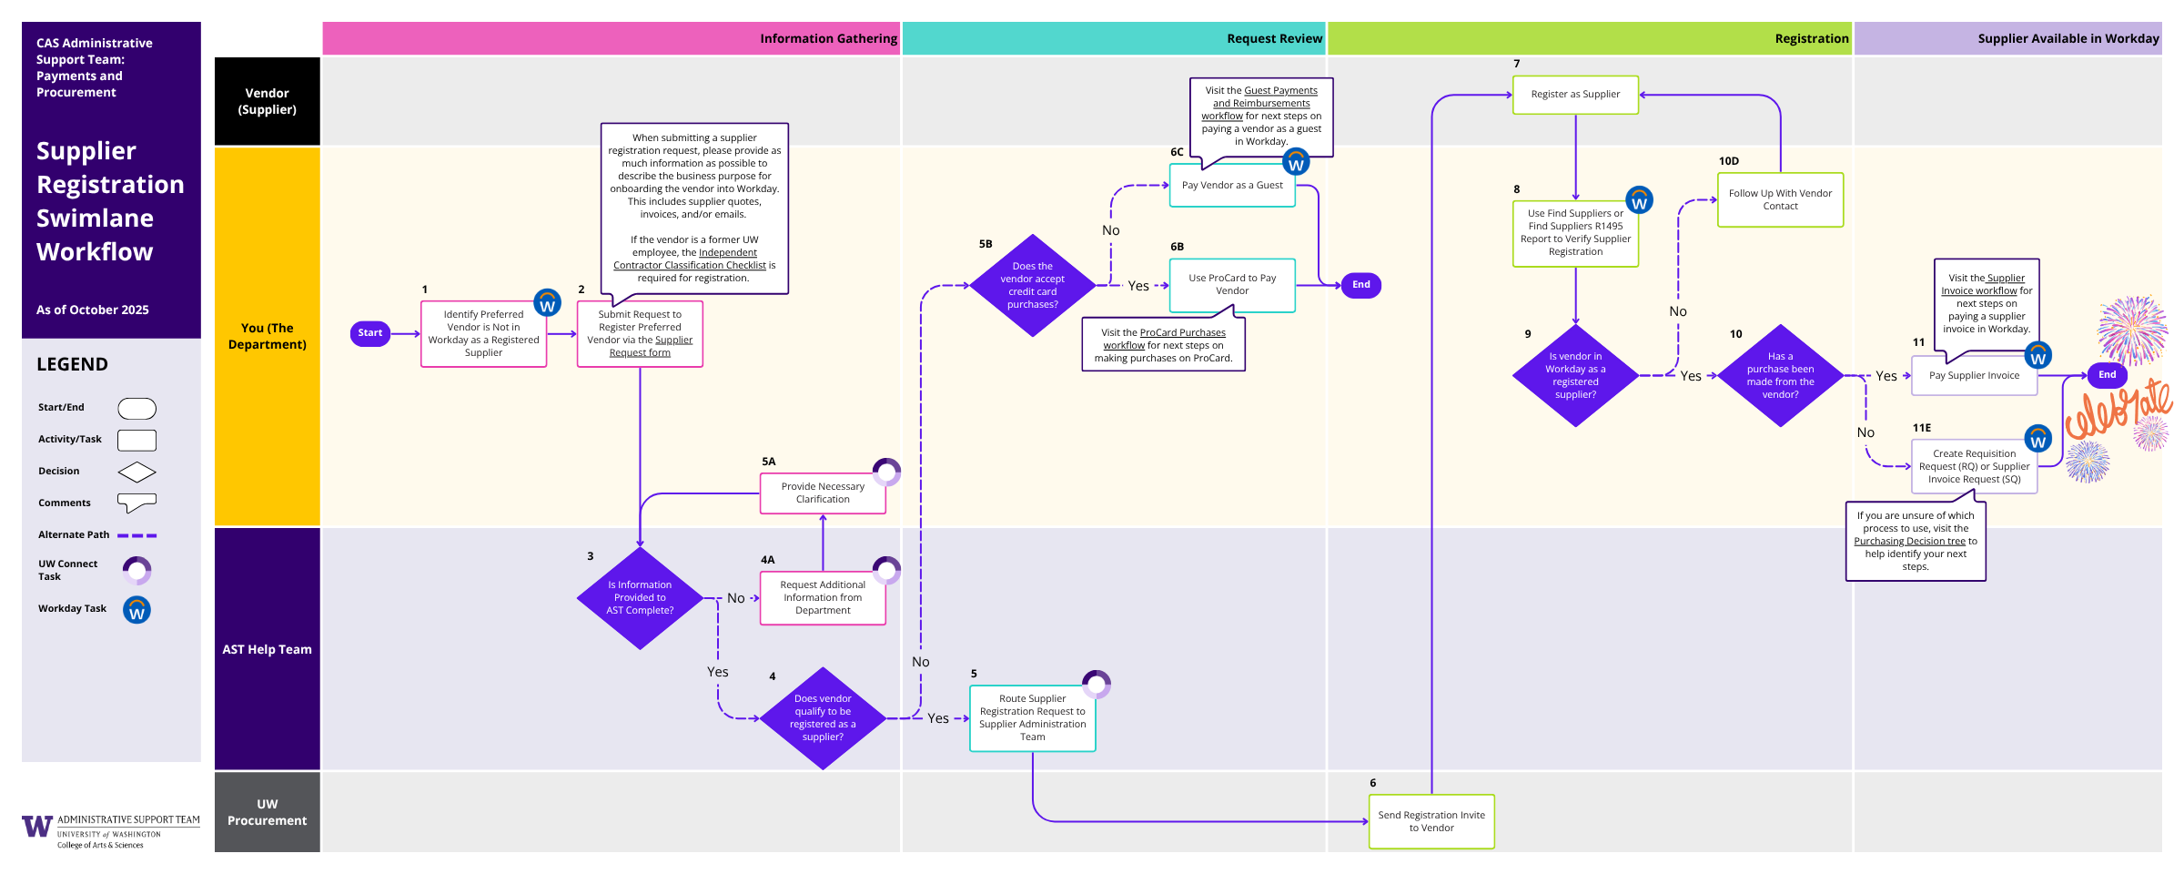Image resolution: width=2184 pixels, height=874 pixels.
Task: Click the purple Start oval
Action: tap(369, 333)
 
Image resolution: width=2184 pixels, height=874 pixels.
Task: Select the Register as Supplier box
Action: tap(1574, 95)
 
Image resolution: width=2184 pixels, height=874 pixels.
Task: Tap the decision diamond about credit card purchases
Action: tap(1032, 286)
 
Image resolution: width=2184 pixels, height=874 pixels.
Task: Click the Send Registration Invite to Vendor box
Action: tap(1431, 821)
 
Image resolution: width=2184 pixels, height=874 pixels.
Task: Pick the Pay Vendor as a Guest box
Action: tap(1231, 186)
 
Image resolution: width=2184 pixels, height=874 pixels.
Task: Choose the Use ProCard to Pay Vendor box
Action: tap(1231, 285)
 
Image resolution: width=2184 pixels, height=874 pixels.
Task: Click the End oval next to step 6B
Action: tap(1360, 285)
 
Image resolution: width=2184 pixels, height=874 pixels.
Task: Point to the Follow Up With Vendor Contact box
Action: tap(1779, 200)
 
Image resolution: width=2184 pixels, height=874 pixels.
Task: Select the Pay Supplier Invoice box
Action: tap(1973, 376)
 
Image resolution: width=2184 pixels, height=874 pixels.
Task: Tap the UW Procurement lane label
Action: tap(267, 812)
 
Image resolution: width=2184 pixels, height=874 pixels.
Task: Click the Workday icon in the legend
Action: tap(136, 610)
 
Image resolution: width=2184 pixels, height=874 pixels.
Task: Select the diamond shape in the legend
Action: tap(136, 473)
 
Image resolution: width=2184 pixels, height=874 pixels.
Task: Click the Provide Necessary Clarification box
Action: tap(822, 493)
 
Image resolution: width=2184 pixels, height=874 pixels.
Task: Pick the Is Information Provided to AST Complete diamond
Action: tap(640, 598)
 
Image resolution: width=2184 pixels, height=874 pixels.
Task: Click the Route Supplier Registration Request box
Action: tap(1032, 718)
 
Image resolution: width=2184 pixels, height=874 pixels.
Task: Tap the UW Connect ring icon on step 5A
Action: tap(886, 472)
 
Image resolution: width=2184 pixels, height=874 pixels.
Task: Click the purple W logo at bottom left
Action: tap(37, 826)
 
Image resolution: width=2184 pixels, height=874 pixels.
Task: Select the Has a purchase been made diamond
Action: tap(1779, 376)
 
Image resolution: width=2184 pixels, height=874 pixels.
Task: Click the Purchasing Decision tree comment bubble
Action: tap(1915, 541)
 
